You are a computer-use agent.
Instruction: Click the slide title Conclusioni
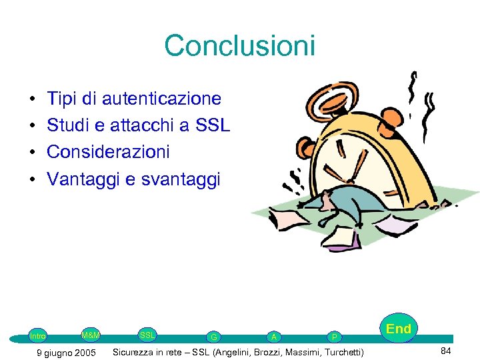click(239, 46)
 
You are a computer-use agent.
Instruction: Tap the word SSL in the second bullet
click(213, 125)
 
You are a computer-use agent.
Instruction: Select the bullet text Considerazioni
click(108, 152)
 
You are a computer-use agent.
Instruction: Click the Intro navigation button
click(38, 336)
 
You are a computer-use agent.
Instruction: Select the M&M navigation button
click(91, 334)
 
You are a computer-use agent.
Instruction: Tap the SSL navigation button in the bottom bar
click(147, 334)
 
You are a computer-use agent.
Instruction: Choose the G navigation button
click(213, 337)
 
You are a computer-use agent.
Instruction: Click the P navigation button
click(335, 337)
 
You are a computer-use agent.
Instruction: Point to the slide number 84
click(445, 351)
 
